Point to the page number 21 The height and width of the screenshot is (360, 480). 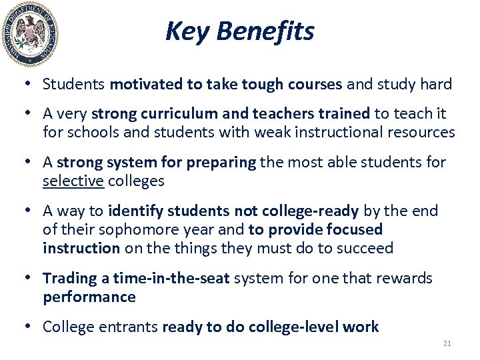[x=447, y=343]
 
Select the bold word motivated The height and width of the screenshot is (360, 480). [x=141, y=85]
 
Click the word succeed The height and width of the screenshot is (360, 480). [x=365, y=249]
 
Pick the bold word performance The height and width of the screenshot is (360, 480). [x=89, y=297]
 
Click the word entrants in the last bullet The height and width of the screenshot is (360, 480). [x=127, y=327]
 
